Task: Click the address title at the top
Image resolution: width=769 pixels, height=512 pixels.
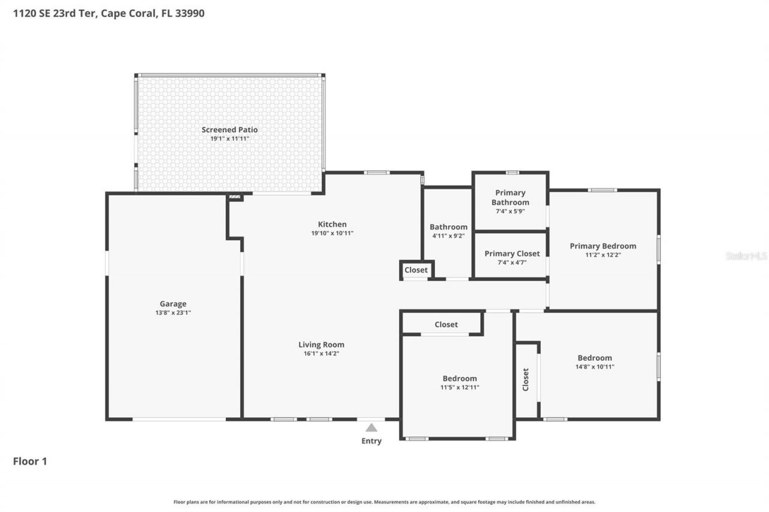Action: tap(109, 13)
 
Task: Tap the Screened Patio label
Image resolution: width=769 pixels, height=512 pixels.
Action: tap(229, 130)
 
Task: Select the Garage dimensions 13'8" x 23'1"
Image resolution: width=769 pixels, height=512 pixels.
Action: tap(173, 313)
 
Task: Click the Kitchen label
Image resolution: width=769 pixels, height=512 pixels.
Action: tap(332, 224)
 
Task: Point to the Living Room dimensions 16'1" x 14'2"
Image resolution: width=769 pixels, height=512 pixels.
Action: tap(321, 354)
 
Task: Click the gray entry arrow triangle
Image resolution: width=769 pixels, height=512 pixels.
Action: tap(371, 428)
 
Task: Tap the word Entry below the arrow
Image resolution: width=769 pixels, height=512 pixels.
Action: tap(371, 441)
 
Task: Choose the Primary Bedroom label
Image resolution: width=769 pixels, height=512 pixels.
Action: tap(603, 246)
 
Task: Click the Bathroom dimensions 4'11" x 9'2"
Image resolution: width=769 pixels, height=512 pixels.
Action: tap(448, 236)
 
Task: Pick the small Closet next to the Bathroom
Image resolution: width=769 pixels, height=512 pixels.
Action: tap(416, 270)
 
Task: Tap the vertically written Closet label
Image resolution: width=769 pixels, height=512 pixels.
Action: tap(526, 379)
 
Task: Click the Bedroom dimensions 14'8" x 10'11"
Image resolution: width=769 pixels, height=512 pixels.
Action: tap(595, 367)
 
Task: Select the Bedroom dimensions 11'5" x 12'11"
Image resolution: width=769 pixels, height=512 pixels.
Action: tap(460, 387)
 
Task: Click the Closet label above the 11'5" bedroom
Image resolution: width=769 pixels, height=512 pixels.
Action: tap(446, 325)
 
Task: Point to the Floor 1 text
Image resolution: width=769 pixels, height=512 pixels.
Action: tap(30, 462)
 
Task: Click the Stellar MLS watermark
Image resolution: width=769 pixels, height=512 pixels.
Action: tap(746, 256)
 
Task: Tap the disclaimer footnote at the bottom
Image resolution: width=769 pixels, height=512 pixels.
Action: tap(384, 502)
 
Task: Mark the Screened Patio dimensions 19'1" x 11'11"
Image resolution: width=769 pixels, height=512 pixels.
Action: tap(229, 139)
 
